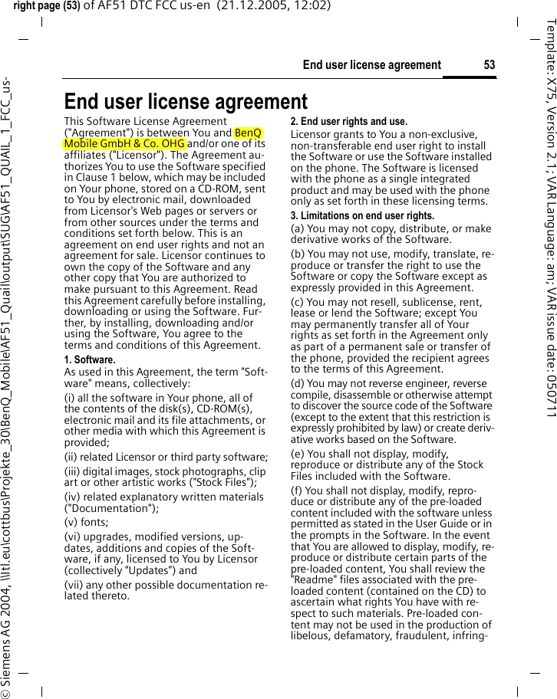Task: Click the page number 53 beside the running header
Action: pos(489,64)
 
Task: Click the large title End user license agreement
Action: pos(186,101)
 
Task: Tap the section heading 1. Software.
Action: pos(90,359)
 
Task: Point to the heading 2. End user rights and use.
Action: pos(348,121)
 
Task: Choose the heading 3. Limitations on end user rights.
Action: pos(361,216)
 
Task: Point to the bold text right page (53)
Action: pos(47,6)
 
